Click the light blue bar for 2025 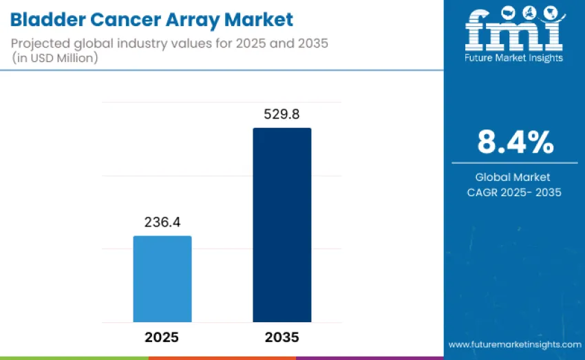click(x=162, y=279)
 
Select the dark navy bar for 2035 click(x=281, y=224)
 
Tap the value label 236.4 click(x=162, y=223)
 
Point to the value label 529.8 click(x=281, y=114)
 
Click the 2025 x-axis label click(x=162, y=337)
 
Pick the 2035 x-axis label click(x=281, y=337)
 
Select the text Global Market click(x=515, y=178)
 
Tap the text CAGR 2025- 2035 click(x=515, y=193)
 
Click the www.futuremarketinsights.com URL click(x=515, y=343)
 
